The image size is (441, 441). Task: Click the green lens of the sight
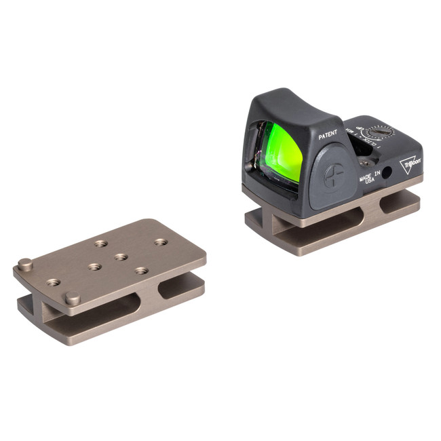tap(277, 149)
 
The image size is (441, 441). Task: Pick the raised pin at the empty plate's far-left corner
tap(24, 264)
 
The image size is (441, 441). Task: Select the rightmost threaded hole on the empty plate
tap(160, 241)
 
